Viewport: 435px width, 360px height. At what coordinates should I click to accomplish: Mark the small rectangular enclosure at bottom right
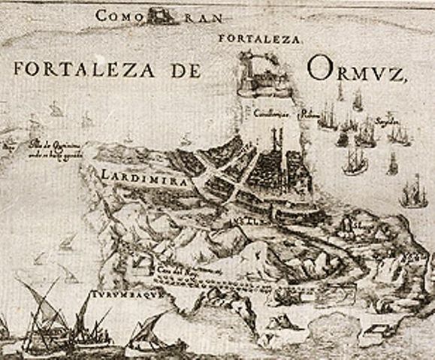(376, 330)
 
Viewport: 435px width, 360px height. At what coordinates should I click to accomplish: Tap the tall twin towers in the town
(280, 139)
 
